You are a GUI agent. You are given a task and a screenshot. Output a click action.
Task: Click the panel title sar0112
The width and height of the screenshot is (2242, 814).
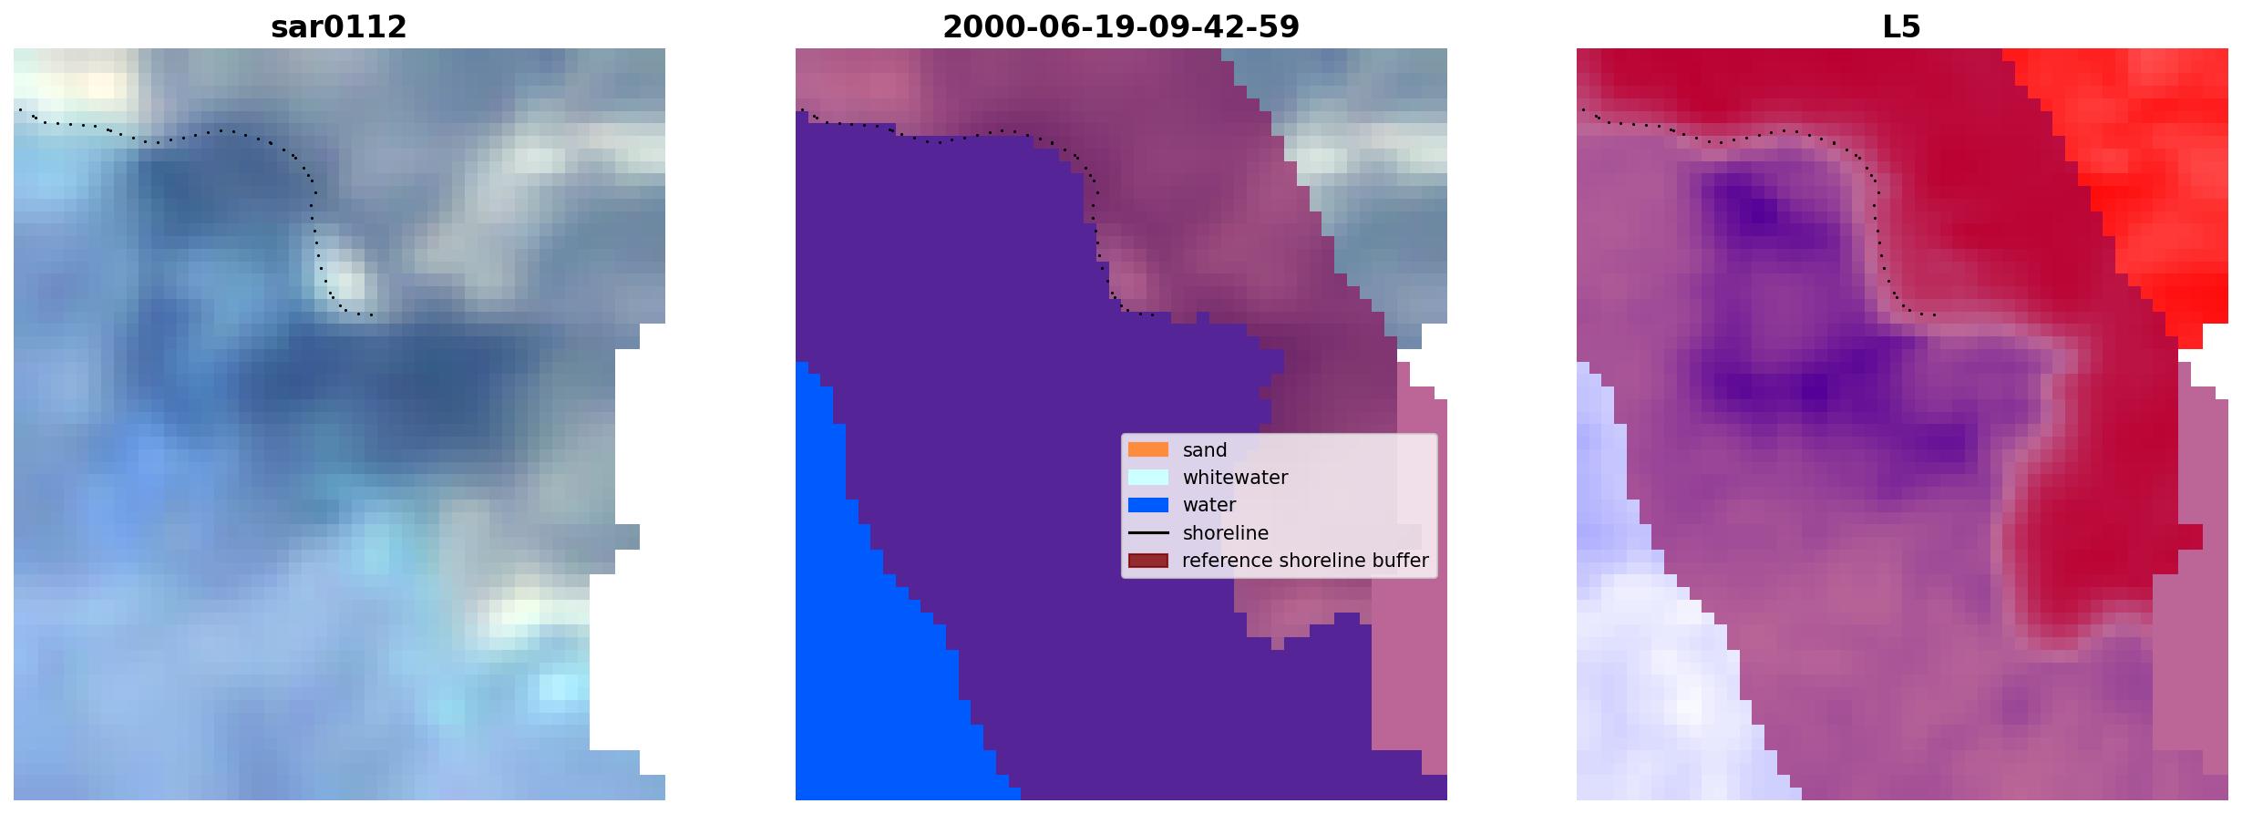tap(338, 27)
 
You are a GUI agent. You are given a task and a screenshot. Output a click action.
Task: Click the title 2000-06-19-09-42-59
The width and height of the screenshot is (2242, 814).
tap(1120, 27)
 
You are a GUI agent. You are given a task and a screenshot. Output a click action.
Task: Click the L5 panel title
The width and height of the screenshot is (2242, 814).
tap(1901, 27)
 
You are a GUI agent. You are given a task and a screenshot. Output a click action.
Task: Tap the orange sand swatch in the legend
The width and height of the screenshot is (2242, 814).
tap(1147, 449)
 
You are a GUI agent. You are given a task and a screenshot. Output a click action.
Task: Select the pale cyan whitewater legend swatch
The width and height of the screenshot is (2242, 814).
tap(1147, 477)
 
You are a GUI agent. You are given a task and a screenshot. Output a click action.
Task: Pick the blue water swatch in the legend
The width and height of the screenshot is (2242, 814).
tap(1147, 505)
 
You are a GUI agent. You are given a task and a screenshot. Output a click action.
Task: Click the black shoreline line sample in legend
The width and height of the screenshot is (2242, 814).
tap(1147, 532)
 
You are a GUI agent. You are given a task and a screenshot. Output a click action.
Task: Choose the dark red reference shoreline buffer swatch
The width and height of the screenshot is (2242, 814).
tap(1147, 561)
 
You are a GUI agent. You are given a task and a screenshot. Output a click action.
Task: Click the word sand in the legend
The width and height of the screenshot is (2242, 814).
tap(1205, 450)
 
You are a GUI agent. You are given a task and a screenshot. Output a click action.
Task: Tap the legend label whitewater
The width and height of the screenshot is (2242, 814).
tap(1235, 478)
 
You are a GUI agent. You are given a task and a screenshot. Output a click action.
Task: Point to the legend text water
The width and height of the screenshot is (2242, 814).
tap(1209, 505)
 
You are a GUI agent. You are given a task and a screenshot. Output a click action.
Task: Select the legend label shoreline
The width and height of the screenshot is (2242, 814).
tap(1225, 533)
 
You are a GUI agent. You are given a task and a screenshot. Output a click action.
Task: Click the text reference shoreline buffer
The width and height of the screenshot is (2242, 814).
tap(1305, 561)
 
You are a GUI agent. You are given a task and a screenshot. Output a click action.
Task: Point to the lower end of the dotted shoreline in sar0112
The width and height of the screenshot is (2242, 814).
tap(371, 315)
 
